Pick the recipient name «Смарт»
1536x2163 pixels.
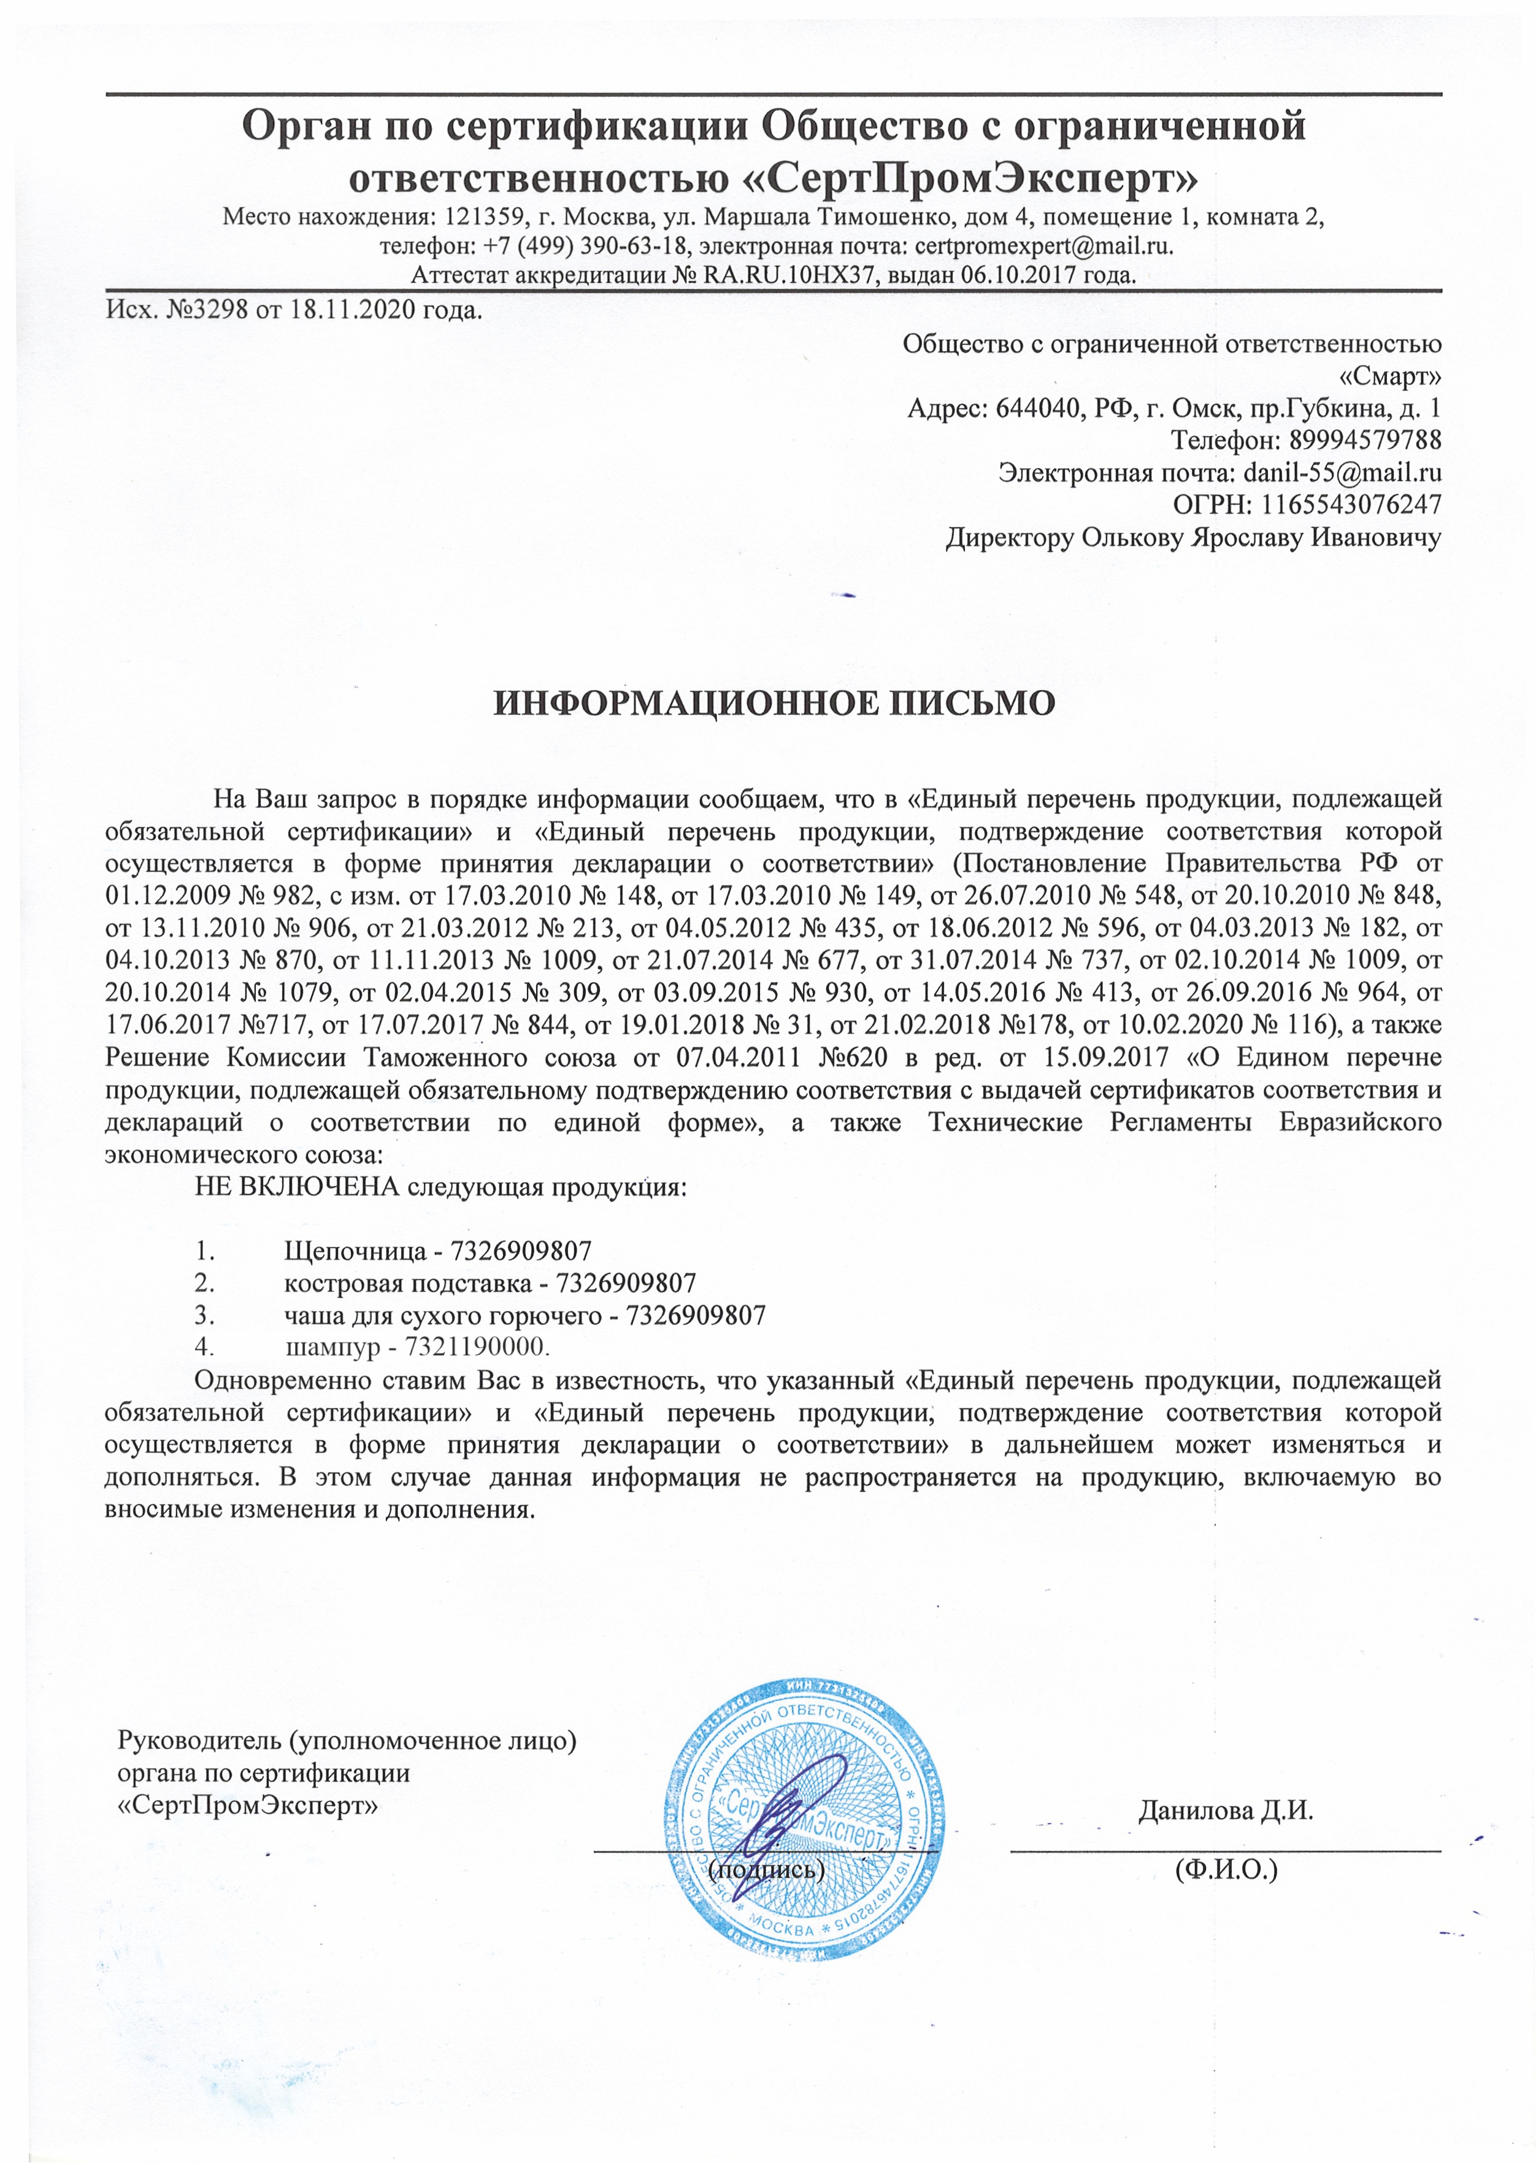pos(1391,377)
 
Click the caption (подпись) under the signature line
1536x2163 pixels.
pos(767,1870)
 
